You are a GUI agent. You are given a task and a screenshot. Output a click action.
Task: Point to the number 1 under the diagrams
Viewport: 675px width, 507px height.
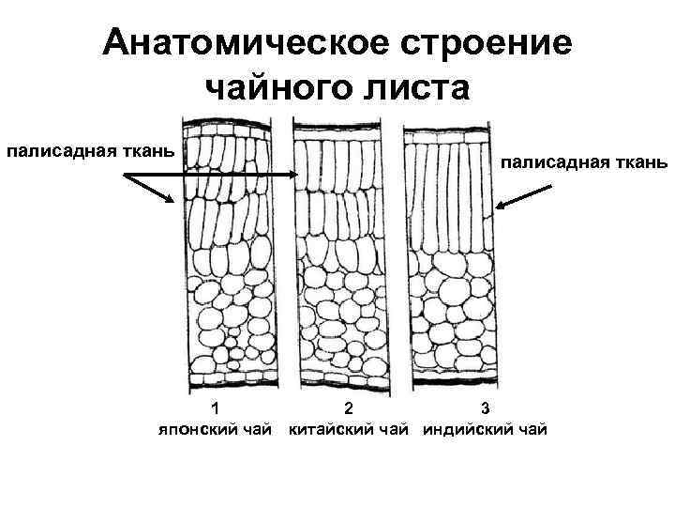[216, 408]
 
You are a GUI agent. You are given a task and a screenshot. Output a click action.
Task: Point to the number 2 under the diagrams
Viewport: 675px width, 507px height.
[349, 408]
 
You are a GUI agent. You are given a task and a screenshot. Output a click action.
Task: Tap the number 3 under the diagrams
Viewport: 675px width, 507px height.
[484, 408]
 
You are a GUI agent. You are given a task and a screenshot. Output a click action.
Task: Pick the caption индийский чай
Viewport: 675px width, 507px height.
[484, 430]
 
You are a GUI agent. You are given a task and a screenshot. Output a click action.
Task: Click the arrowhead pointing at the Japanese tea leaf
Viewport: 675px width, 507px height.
[170, 198]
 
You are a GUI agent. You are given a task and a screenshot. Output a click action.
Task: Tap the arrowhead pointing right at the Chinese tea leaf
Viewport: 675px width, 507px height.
[293, 175]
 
